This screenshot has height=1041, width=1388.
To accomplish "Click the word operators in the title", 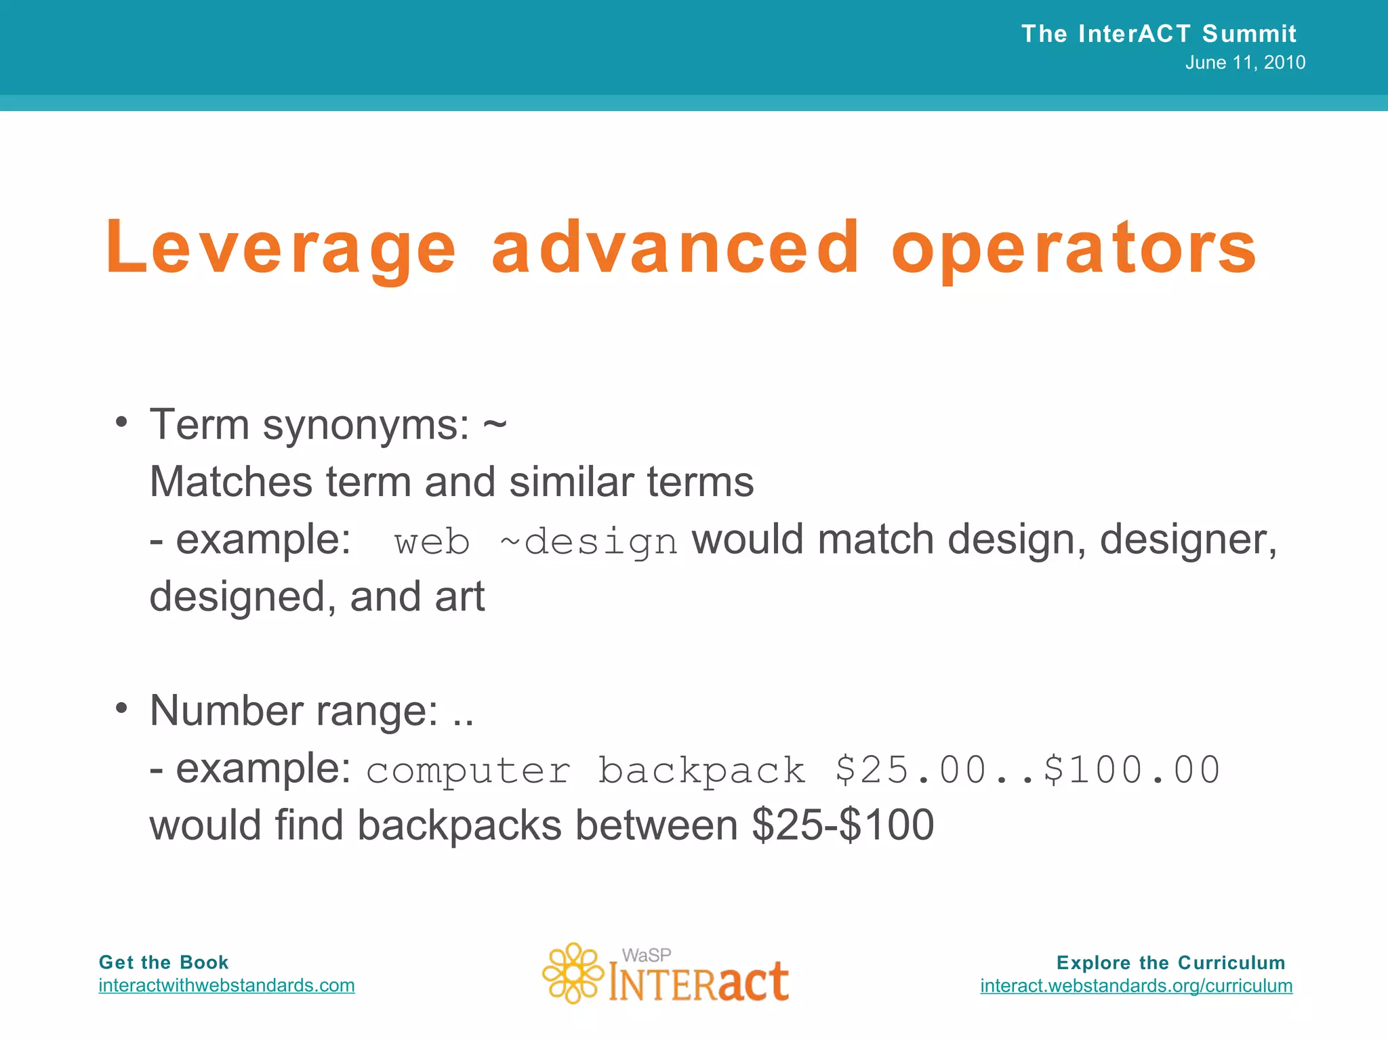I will pos(1074,248).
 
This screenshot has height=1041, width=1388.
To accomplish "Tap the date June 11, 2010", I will pos(1245,62).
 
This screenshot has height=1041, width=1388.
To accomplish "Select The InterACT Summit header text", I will pos(1158,33).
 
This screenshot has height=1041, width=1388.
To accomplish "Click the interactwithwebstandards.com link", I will pos(226,985).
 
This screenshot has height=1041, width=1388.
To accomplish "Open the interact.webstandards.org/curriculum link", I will pos(1136,985).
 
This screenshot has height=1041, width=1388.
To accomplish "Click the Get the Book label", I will pos(163,962).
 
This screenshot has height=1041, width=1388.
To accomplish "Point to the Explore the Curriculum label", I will pos(1170,962).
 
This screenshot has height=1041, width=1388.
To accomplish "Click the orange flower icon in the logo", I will pos(573,973).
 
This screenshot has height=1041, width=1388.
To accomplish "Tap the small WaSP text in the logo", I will pos(646,956).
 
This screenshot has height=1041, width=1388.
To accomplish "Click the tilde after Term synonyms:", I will pos(495,426).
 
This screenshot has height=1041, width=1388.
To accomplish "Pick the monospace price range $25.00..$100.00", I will pos(1027,771).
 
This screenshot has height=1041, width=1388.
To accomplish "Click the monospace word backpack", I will pos(701,771).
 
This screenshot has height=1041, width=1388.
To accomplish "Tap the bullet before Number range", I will pos(121,708).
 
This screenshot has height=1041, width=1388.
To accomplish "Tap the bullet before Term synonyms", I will pos(121,422).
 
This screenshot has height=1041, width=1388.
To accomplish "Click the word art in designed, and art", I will pos(460,596).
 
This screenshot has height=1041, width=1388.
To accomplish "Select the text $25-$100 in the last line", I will pos(842,825).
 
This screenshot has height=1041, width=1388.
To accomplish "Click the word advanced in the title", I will pos(675,248).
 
